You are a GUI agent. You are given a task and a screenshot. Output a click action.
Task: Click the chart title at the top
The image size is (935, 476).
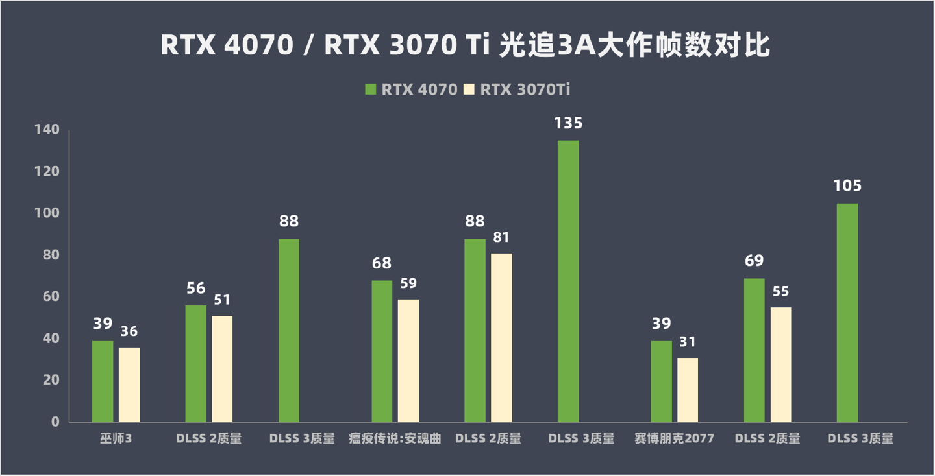coord(465,46)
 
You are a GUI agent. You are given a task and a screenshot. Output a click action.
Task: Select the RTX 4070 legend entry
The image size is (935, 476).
coord(412,89)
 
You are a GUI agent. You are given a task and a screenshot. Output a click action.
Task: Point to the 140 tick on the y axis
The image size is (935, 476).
coord(47,130)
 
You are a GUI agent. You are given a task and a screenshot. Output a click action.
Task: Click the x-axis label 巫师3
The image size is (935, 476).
coord(116,439)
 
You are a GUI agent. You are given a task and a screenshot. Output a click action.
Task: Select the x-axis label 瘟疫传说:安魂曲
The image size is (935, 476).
coord(395,439)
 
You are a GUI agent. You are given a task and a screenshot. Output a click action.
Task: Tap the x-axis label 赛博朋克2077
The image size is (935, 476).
coord(674,439)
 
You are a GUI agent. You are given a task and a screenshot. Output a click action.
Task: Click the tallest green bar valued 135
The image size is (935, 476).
coord(568,281)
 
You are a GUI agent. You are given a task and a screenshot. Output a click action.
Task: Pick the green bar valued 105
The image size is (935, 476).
coord(847,313)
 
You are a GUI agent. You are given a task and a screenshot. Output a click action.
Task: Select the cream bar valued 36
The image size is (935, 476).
coord(129,385)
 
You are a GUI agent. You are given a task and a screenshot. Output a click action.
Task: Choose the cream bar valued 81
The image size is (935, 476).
coord(501,337)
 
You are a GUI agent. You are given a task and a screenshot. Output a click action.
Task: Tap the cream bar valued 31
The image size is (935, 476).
coord(688,390)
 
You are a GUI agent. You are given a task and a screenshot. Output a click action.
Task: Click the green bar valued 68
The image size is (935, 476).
coord(382,351)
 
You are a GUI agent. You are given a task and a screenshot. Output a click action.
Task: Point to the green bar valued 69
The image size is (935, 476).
coord(754,350)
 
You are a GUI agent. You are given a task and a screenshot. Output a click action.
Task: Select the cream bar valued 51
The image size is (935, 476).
coord(222,368)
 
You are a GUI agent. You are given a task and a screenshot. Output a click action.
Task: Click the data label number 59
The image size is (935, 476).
coord(408,283)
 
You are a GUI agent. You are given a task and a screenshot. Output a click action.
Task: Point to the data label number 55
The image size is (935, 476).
coord(780,291)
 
